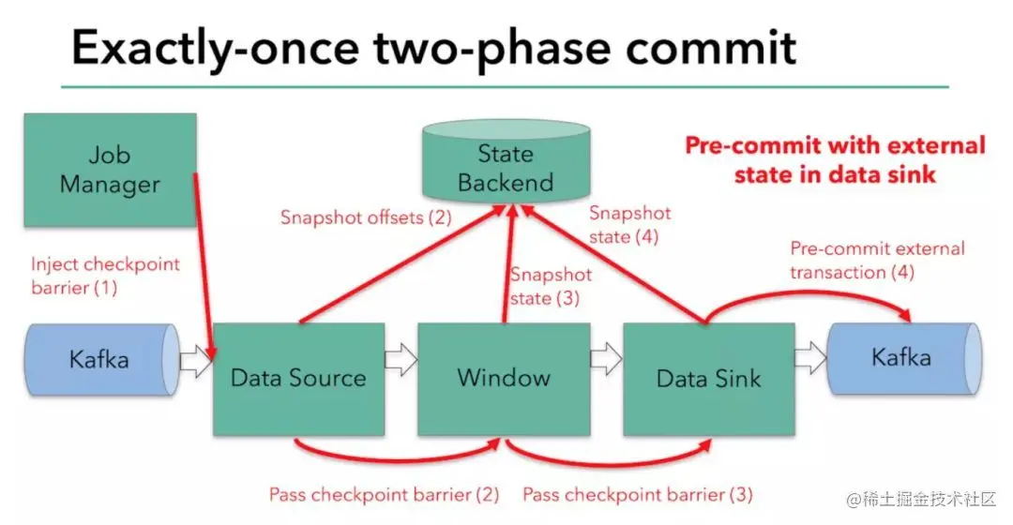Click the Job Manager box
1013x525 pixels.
tap(110, 170)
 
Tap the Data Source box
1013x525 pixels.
tap(298, 379)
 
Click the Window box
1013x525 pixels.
tap(503, 378)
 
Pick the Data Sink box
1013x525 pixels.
tap(708, 379)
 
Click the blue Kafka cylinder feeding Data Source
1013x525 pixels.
tap(100, 359)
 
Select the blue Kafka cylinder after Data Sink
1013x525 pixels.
tap(901, 357)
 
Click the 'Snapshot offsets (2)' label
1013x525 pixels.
tap(366, 217)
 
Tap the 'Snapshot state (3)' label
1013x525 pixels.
tap(551, 287)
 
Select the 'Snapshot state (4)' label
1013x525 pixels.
tap(629, 225)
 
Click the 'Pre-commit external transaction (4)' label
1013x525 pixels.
tap(877, 261)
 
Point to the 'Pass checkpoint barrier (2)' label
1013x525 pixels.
tap(384, 494)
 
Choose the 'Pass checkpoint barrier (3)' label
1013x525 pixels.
tap(638, 494)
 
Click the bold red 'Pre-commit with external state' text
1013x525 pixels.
tap(835, 159)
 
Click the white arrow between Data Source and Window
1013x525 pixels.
tap(401, 359)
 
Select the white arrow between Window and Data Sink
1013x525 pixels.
tap(606, 358)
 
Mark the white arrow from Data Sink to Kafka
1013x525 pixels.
tap(810, 358)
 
